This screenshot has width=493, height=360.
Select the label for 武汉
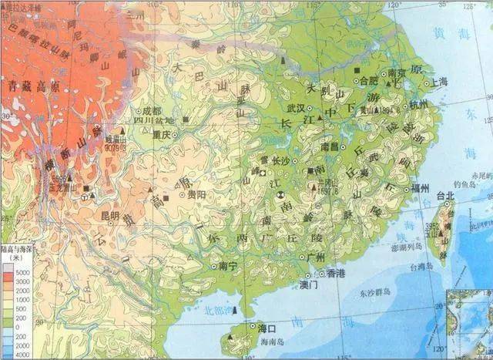[297, 109]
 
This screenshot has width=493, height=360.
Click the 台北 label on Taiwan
[446, 196]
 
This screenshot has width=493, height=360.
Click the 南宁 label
[229, 266]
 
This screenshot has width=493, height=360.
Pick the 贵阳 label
[196, 195]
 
